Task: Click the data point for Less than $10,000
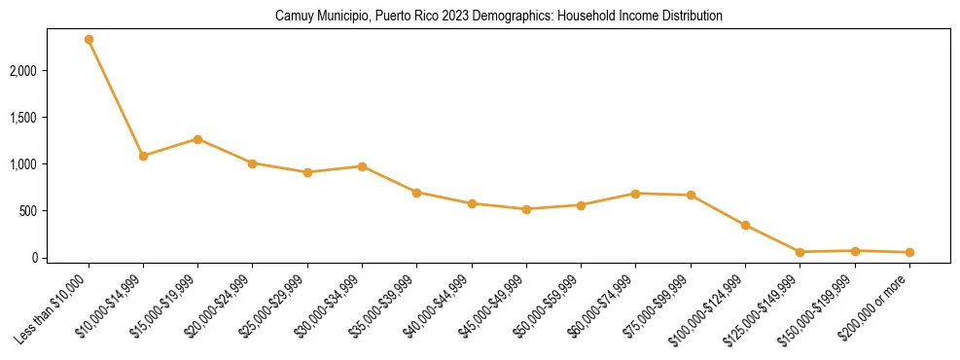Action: click(89, 40)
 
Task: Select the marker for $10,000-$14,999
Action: click(143, 156)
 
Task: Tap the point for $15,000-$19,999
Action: click(197, 139)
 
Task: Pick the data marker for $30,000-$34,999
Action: click(362, 166)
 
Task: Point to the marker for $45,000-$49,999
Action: click(526, 209)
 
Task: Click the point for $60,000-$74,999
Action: click(635, 194)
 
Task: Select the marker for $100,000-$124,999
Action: click(745, 226)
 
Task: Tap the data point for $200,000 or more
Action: click(909, 253)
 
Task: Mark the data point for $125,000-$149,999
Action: click(800, 252)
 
